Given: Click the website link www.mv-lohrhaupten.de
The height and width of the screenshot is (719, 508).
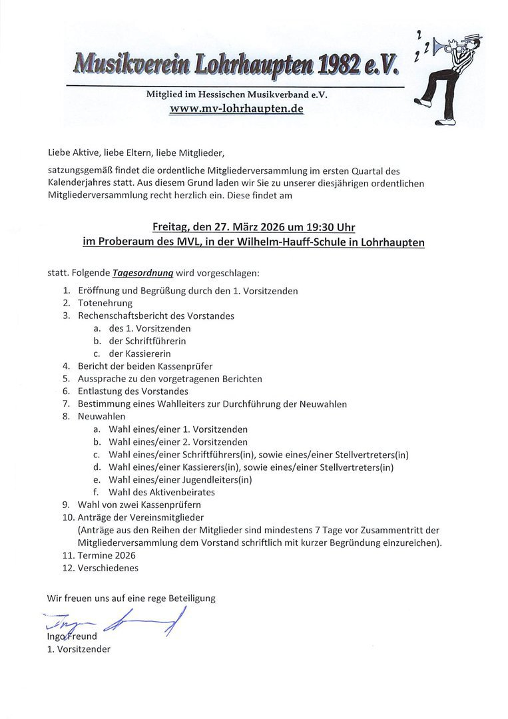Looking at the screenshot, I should [236, 109].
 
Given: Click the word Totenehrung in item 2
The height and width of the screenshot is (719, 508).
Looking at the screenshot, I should [105, 303].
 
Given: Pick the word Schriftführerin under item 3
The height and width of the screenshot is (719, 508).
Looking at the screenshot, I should [147, 341].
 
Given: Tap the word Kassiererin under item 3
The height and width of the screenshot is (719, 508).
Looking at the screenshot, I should [140, 354].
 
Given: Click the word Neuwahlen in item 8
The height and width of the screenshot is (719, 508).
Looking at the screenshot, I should [101, 417].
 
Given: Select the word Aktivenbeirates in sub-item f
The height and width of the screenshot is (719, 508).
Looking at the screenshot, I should [182, 492].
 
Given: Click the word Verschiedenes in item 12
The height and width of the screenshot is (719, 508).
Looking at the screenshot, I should [108, 568].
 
